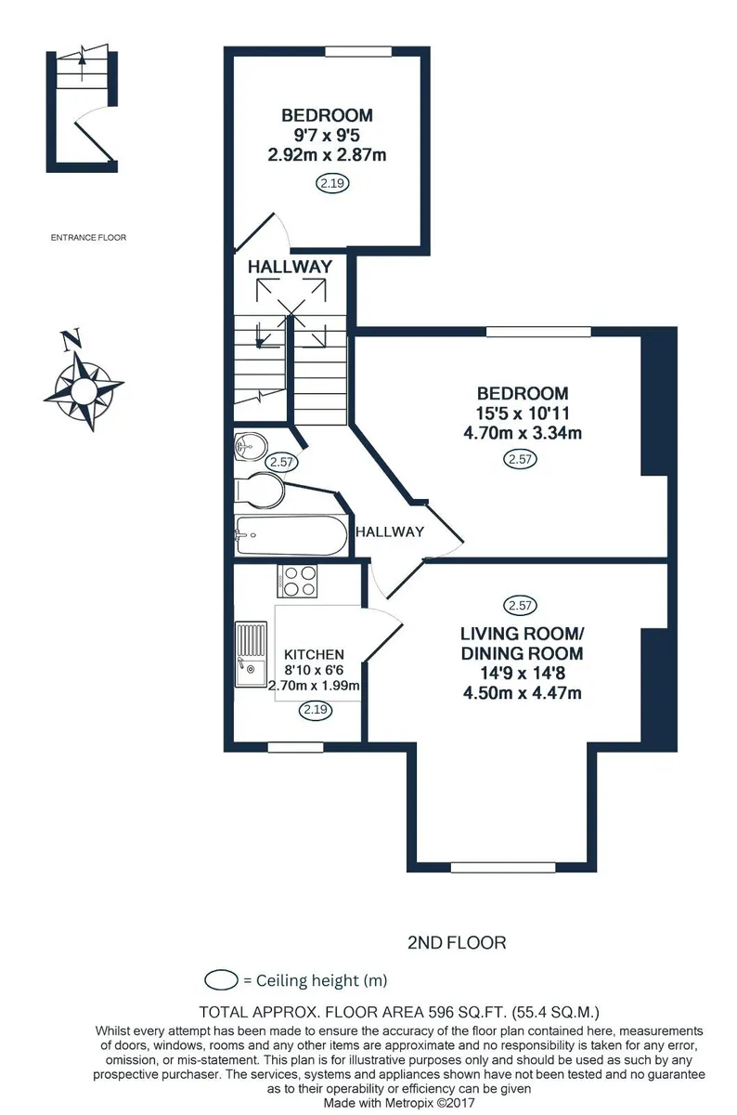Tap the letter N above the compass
(x=71, y=340)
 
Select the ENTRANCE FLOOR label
(x=88, y=238)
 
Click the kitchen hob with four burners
(x=297, y=581)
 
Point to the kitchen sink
(x=251, y=654)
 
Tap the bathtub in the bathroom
(x=291, y=535)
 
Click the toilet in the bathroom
(x=260, y=491)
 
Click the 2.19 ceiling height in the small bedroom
(x=332, y=183)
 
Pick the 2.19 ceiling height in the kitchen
(x=316, y=709)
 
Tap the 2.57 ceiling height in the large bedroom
(x=521, y=459)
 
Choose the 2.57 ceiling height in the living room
(x=521, y=605)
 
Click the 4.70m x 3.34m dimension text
(x=523, y=433)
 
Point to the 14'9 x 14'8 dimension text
(x=523, y=673)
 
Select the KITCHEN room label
(x=314, y=654)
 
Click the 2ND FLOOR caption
(x=457, y=943)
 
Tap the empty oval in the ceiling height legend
(x=221, y=980)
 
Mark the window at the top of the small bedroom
(x=358, y=51)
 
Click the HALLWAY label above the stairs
(x=290, y=267)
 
